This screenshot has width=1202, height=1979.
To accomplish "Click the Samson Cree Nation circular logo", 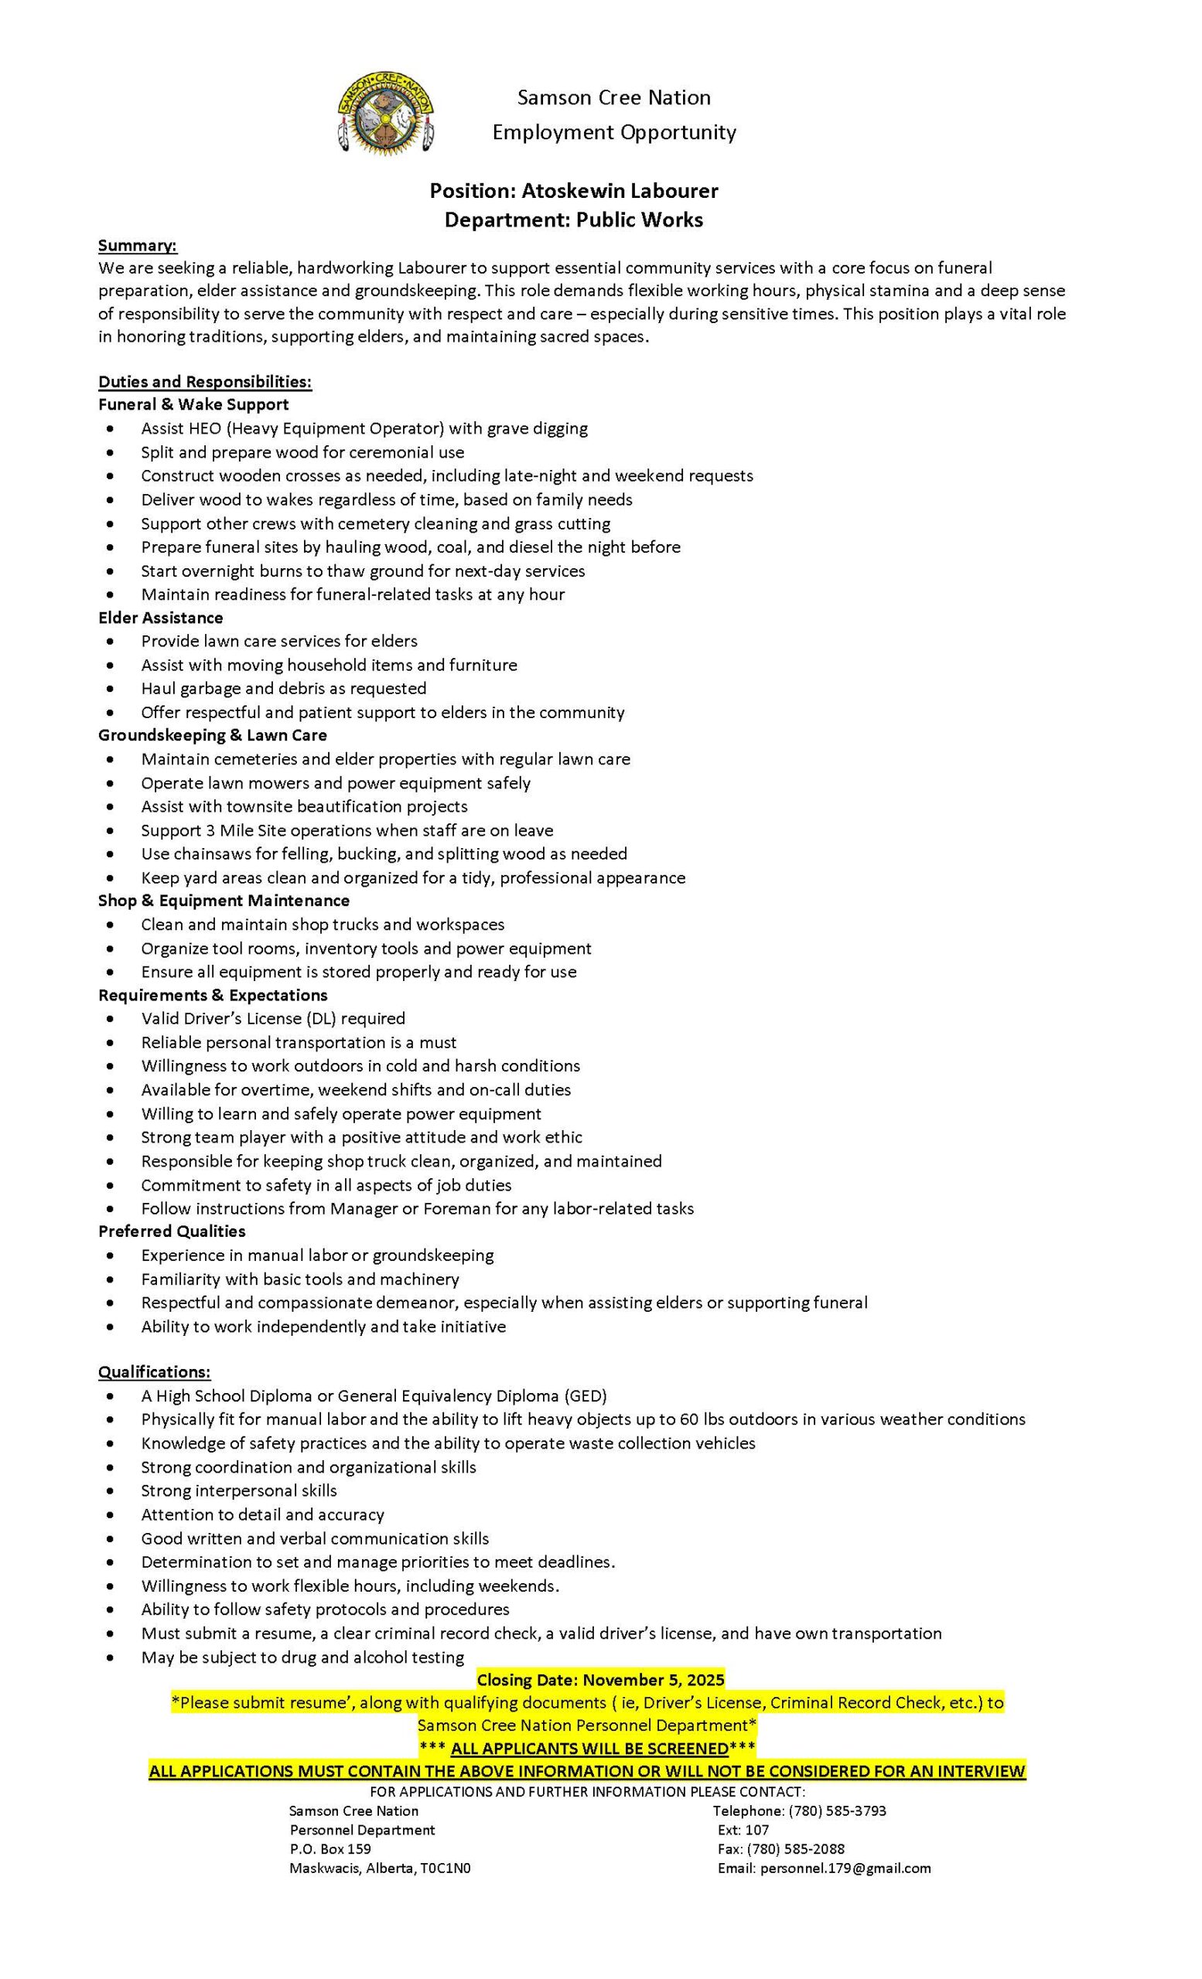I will pos(386,113).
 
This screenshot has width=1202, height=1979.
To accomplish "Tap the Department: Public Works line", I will pos(574,220).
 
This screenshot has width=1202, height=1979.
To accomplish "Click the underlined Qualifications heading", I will pos(154,1372).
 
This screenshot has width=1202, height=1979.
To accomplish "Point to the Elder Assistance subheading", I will pos(161,618).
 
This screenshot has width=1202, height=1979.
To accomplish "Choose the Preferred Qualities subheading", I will pos(172,1231).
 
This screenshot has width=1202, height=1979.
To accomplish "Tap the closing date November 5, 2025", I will pos(654,1679).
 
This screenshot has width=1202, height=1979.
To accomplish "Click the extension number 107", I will pos(758,1830).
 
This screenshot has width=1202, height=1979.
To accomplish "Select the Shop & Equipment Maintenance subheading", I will pos(224,901).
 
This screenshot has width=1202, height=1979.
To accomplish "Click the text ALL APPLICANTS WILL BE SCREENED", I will pos(589,1749).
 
